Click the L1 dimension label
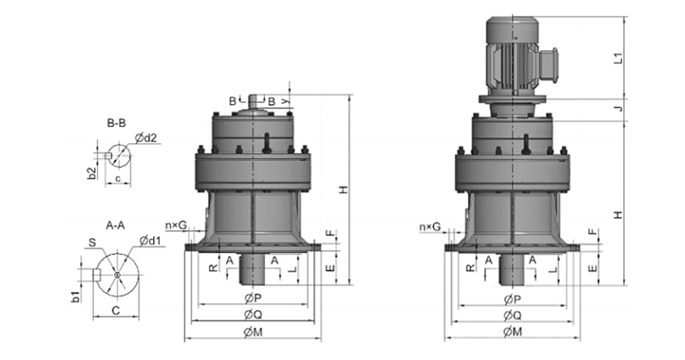[x=617, y=58]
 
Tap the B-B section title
[x=117, y=124]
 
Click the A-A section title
[x=115, y=225]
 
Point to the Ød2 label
[x=145, y=138]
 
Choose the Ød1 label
[x=150, y=240]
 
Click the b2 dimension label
[x=91, y=173]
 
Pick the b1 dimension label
[x=76, y=297]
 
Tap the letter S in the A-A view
[x=92, y=242]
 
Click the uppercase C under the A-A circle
[x=116, y=311]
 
